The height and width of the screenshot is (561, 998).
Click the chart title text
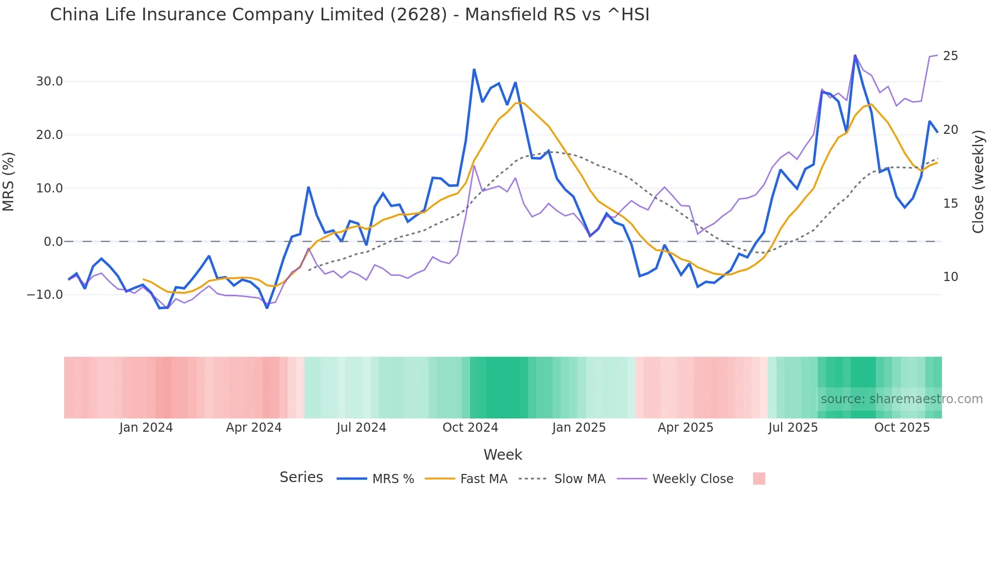349,15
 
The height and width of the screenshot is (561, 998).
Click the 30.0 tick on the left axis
49,81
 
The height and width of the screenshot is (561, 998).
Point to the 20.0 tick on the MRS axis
49,135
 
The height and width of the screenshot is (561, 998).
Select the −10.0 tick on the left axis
45,295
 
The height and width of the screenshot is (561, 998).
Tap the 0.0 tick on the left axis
53,242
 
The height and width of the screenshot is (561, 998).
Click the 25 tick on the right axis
950,56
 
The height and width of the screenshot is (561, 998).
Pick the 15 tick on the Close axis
950,204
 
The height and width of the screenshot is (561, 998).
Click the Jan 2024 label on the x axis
146,428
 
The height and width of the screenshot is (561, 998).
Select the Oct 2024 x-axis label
470,428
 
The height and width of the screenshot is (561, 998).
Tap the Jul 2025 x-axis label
793,428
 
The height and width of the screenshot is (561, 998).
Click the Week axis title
503,455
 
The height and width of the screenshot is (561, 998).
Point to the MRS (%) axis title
9,182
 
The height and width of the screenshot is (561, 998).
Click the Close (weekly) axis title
978,182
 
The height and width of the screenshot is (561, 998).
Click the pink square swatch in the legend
759,479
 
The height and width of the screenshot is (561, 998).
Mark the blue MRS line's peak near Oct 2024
474,70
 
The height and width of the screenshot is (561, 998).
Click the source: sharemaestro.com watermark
901,399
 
